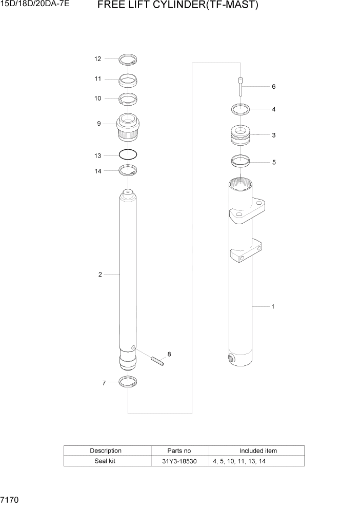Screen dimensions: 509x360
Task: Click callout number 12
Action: (97, 59)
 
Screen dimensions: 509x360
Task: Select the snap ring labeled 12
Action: (128, 60)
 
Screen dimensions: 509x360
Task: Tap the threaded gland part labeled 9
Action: (128, 128)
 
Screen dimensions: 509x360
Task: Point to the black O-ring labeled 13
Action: (128, 154)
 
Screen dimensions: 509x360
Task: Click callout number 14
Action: (97, 171)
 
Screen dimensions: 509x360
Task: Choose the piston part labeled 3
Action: (240, 136)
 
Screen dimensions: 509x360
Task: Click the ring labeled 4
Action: (240, 109)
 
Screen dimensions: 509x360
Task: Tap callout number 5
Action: (274, 162)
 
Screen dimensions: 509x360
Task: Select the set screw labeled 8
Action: (157, 361)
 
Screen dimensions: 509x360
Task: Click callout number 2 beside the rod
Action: (100, 275)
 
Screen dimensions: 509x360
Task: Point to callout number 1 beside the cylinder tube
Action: (273, 307)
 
